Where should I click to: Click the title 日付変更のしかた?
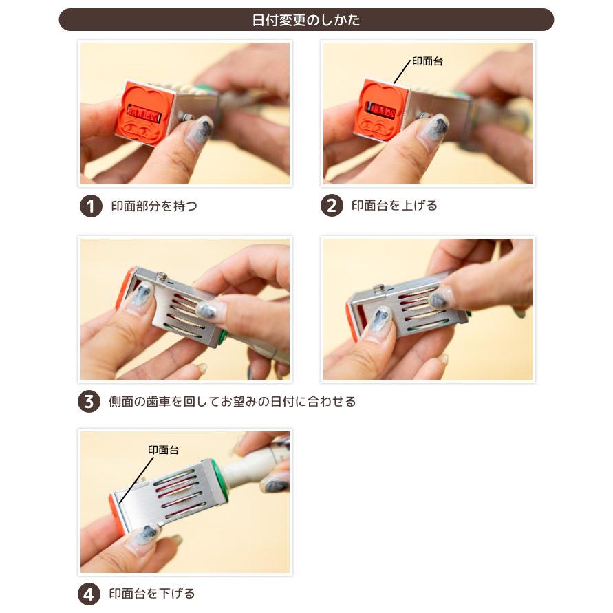click(x=305, y=20)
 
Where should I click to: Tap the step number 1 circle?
click(x=91, y=206)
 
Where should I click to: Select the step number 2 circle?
click(x=332, y=206)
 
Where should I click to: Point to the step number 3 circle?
click(x=89, y=402)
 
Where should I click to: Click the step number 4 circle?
click(x=89, y=594)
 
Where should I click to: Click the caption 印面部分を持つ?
click(x=154, y=206)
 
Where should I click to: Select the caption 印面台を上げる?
click(x=394, y=205)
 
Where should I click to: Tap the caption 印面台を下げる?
click(x=151, y=594)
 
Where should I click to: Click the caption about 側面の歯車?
click(x=233, y=402)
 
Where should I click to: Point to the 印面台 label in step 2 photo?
click(x=427, y=61)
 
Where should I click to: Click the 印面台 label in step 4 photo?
click(x=163, y=450)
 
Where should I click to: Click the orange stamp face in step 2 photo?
click(x=381, y=110)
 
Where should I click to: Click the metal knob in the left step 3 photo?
click(x=160, y=277)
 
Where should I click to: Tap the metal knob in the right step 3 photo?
click(x=378, y=289)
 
